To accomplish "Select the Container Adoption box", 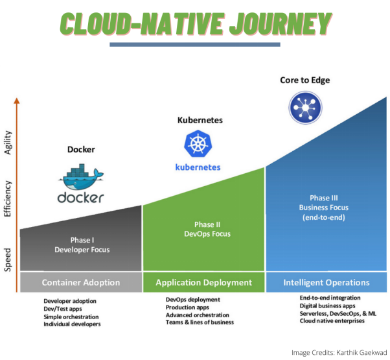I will [80, 282].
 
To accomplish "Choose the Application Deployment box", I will [203, 282].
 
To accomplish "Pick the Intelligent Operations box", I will [327, 282].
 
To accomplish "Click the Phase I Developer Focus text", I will [80, 245].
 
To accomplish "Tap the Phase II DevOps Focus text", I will [203, 229].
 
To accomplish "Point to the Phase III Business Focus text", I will [326, 208].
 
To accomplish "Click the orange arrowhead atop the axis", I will [17, 101].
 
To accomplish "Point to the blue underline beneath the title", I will [195, 45].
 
